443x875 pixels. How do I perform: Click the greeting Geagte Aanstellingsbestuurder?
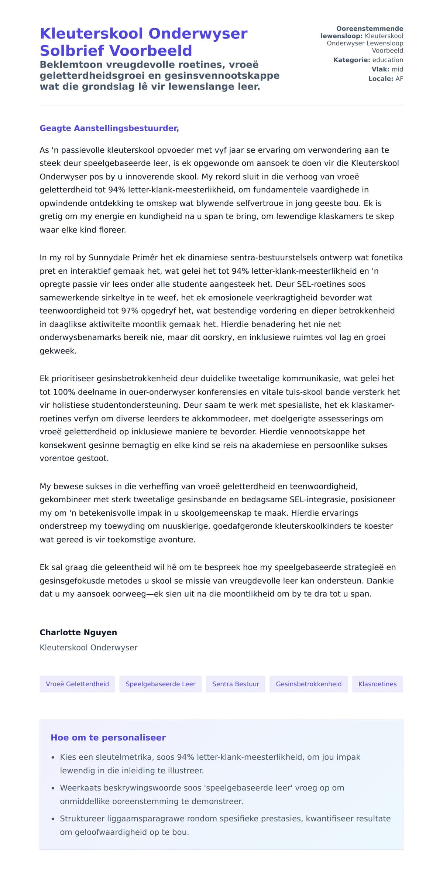[109, 128]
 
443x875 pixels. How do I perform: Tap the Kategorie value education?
[388, 60]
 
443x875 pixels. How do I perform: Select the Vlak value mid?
[397, 69]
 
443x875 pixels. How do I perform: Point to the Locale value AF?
[399, 79]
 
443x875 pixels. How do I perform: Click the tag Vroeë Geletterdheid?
[77, 684]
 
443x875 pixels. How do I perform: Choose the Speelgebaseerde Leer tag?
[161, 684]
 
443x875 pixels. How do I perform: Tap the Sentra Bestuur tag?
[236, 684]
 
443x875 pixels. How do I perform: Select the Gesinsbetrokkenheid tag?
[309, 684]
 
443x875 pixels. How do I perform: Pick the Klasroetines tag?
[377, 684]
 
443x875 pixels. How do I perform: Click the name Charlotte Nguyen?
[78, 632]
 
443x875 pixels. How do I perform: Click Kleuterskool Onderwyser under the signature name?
[89, 647]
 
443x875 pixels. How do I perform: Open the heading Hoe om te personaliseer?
[108, 738]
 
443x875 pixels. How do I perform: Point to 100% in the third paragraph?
[63, 392]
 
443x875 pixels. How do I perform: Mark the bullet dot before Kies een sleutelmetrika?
[53, 758]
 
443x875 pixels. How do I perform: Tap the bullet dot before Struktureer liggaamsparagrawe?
[53, 819]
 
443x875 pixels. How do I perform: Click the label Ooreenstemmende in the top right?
[370, 28]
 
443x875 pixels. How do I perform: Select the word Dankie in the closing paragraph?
[380, 581]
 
